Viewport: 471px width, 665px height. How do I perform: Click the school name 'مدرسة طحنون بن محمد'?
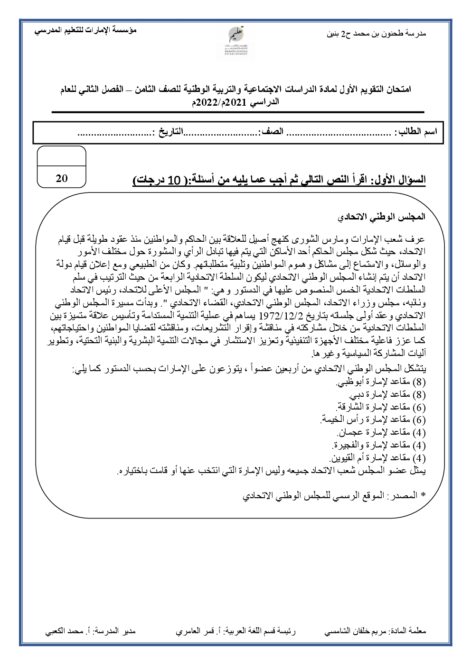(x=383, y=34)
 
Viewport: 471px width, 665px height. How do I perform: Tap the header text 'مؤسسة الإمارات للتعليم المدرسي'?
(x=86, y=30)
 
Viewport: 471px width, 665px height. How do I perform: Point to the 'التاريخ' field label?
(x=169, y=131)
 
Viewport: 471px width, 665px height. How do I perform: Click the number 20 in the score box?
(x=62, y=179)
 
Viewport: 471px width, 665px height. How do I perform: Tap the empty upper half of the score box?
(x=62, y=155)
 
